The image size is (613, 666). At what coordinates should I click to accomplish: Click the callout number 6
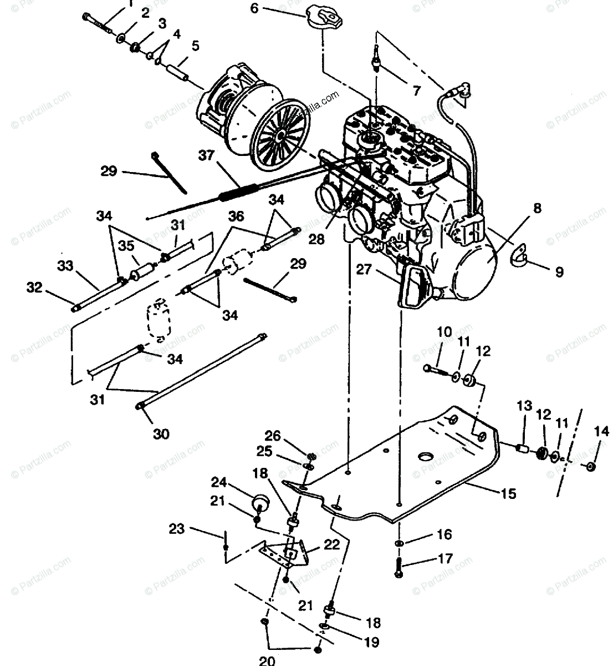pyautogui.click(x=254, y=8)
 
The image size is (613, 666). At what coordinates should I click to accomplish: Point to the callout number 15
pyautogui.click(x=509, y=493)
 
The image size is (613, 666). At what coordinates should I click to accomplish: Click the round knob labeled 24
pyautogui.click(x=259, y=503)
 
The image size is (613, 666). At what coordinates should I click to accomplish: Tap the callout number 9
pyautogui.click(x=559, y=272)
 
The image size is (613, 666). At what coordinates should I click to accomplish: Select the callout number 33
pyautogui.click(x=65, y=266)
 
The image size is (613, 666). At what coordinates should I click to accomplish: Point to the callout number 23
pyautogui.click(x=176, y=529)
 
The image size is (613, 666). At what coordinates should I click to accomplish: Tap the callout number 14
pyautogui.click(x=601, y=431)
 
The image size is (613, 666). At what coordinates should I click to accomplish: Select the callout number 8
pyautogui.click(x=537, y=209)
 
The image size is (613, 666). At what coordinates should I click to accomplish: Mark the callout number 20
pyautogui.click(x=267, y=660)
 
